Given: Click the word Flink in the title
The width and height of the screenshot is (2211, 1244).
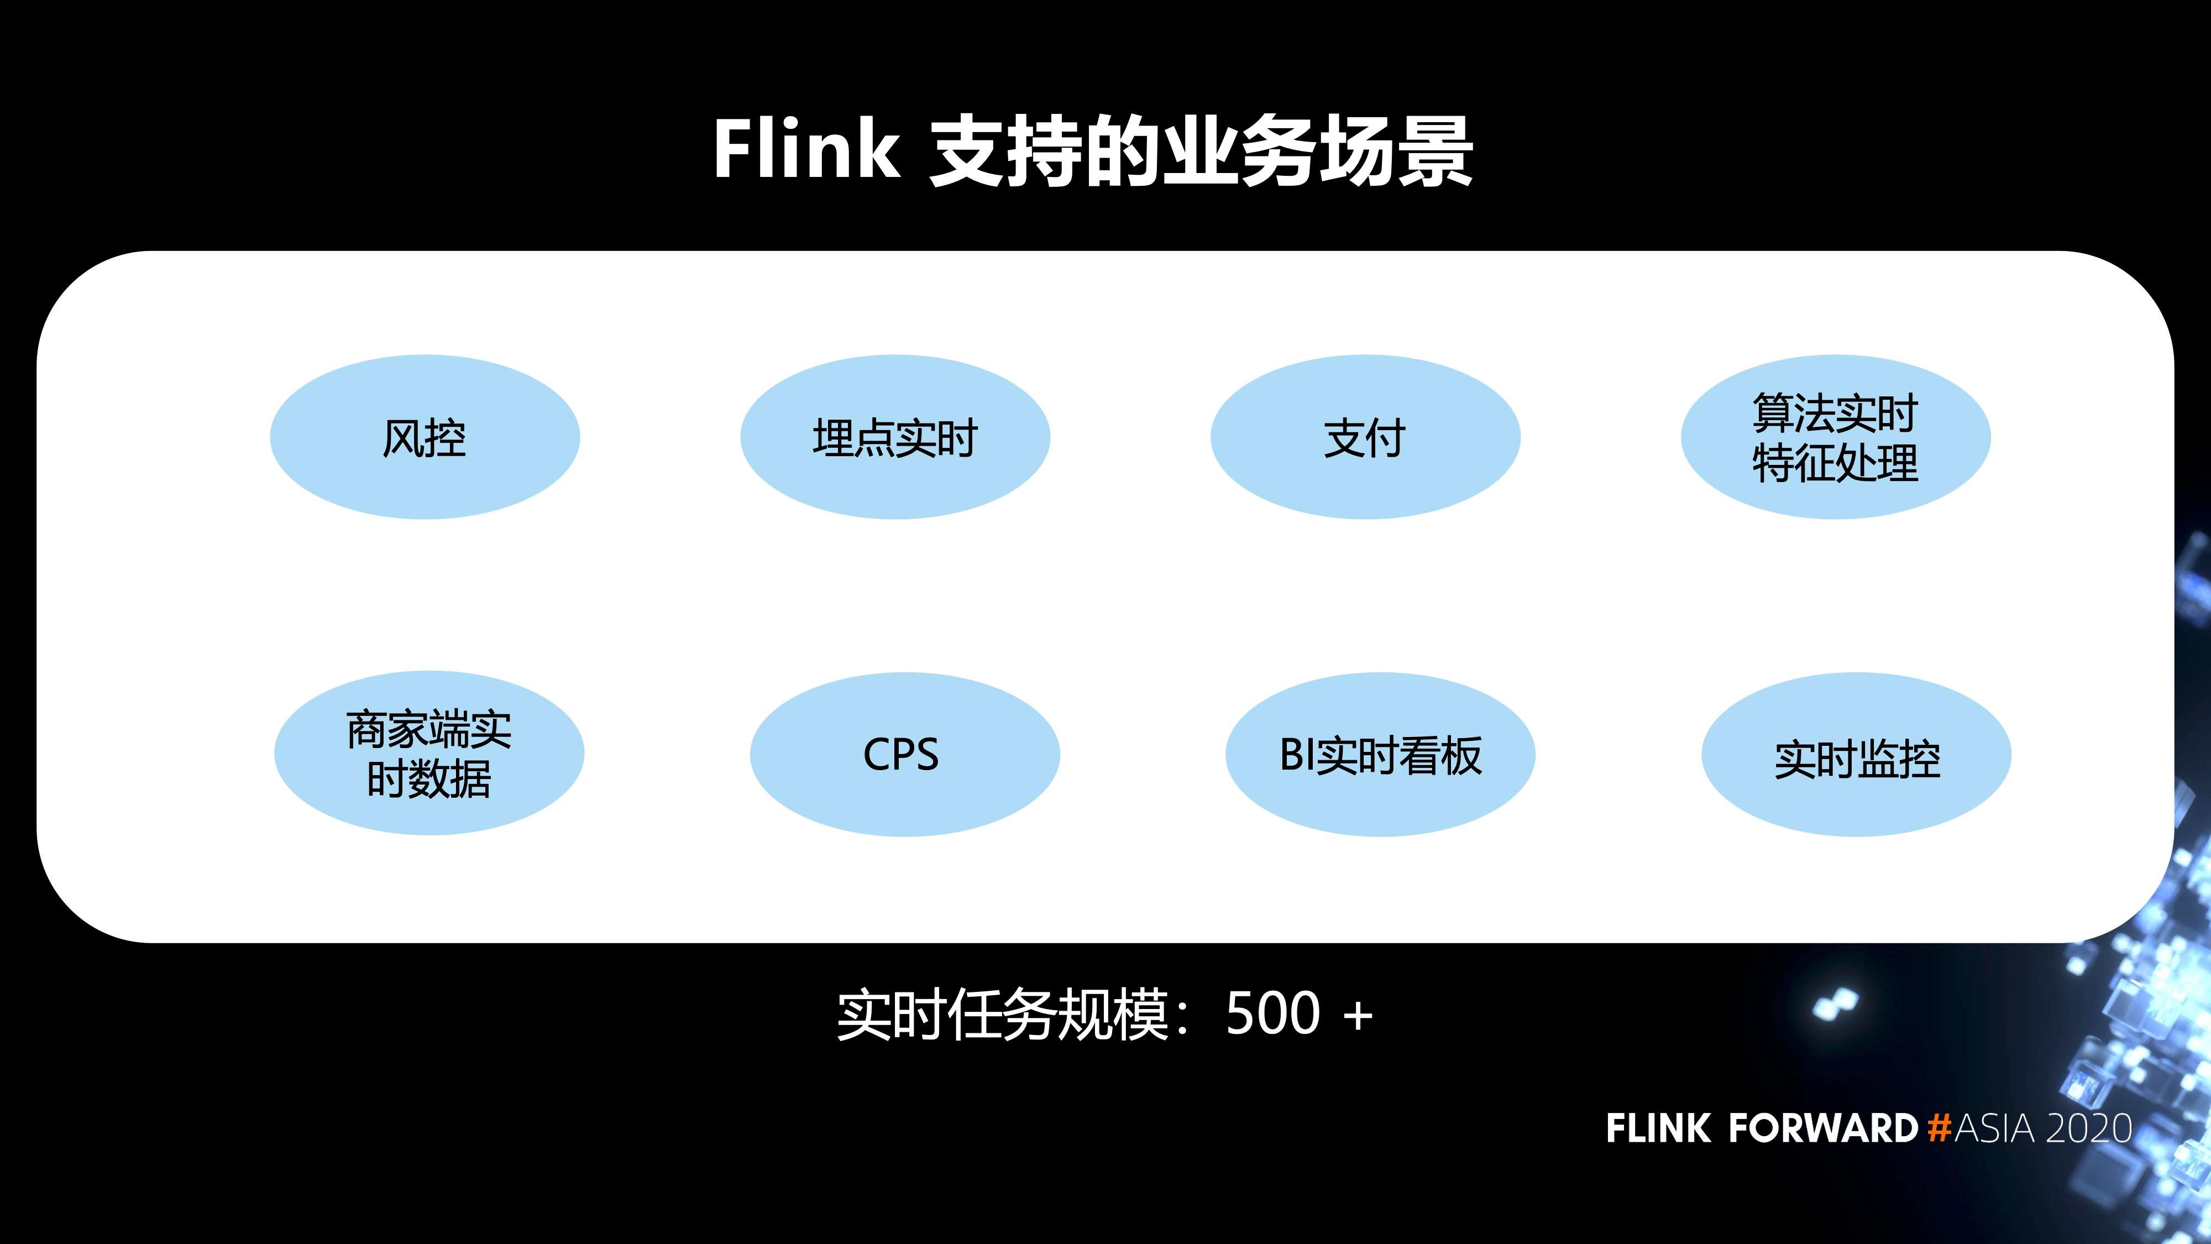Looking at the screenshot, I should pos(807,150).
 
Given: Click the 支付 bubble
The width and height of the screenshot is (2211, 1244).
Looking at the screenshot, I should pos(1365,437).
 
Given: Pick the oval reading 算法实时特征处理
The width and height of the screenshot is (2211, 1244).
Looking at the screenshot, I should pos(1835,437).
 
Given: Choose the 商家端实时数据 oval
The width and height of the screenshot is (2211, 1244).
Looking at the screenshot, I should pos(428,753).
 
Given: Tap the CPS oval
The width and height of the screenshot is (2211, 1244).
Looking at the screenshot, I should pos(904,754).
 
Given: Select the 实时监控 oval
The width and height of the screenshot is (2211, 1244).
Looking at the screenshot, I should pos(1856,754).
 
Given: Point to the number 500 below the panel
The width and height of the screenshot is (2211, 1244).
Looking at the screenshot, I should pos(1272,1014).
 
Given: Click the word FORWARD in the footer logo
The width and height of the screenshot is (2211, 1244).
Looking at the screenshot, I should pos(1822,1128).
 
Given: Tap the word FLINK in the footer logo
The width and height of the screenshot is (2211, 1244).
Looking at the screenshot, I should pos(1657,1128).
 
